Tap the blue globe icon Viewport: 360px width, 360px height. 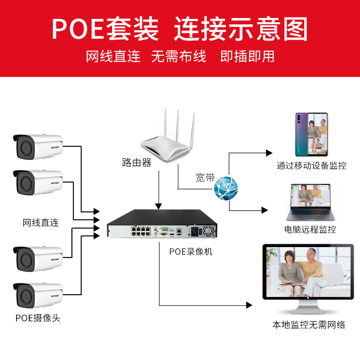pos(225,189)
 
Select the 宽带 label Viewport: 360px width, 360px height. pos(205,178)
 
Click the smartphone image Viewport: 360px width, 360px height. pos(311,133)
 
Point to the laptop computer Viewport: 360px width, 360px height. pos(311,202)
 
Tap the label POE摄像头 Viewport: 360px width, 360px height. pos(38,318)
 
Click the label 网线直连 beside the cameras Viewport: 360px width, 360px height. pos(41,222)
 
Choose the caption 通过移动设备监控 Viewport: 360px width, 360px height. pos(311,166)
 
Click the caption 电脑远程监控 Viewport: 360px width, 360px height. pos(310,230)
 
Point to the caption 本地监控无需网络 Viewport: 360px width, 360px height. pos(309,324)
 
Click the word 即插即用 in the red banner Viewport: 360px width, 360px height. pos(247,57)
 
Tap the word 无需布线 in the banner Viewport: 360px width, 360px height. pos(179,57)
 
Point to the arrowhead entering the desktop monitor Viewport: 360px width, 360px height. pos(249,305)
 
